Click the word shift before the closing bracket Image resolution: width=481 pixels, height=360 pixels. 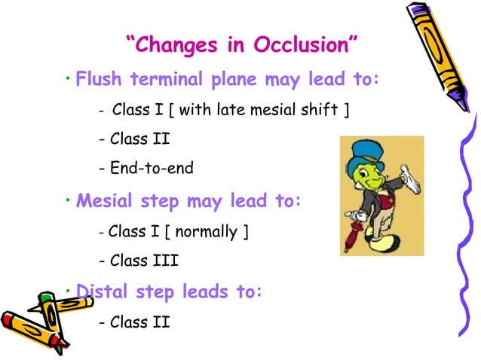[x=320, y=112]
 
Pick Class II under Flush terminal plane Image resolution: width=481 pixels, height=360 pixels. [x=135, y=139]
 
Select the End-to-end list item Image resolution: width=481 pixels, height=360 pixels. [x=146, y=168]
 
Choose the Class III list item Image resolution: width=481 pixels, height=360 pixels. [x=139, y=261]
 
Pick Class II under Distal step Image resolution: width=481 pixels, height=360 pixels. [x=135, y=322]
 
